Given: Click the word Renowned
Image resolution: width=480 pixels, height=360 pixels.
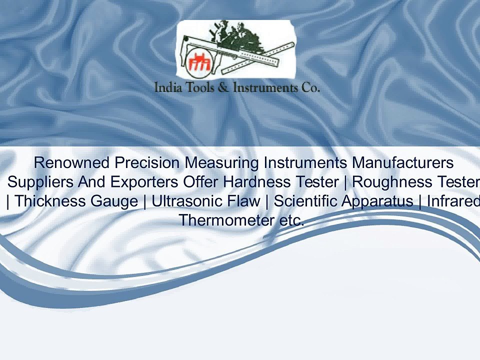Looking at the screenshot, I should [x=72, y=163].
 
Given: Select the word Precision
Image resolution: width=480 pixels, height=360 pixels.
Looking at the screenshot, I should [x=147, y=163].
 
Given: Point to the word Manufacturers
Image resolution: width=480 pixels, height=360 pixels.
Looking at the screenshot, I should [x=403, y=163].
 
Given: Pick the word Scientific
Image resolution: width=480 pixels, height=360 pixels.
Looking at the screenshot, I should [x=306, y=201].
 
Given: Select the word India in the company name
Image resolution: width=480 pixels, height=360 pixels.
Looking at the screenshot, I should [x=167, y=88].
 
